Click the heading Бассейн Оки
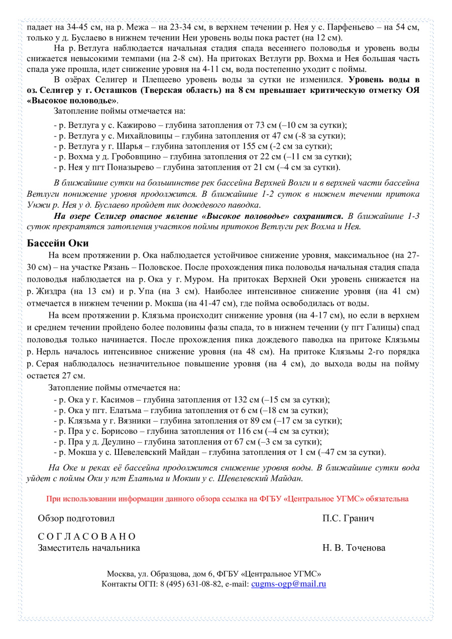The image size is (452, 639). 58,243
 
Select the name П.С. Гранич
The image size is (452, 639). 348,518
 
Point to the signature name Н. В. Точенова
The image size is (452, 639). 354,548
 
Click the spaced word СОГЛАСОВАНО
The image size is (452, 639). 87,537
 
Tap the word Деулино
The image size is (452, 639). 120,442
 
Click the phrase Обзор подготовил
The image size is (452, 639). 76,518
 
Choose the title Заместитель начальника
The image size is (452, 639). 89,548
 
